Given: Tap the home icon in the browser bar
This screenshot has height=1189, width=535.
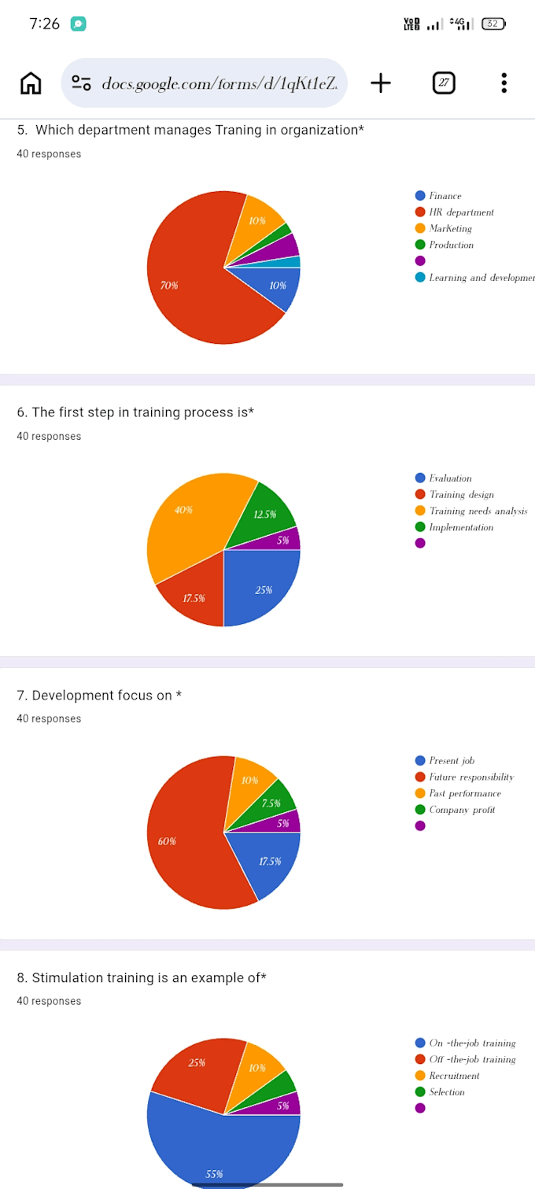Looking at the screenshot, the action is [x=31, y=83].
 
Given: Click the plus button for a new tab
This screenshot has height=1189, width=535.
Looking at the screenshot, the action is [x=381, y=83].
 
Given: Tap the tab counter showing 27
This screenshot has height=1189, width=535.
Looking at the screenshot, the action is [x=444, y=83].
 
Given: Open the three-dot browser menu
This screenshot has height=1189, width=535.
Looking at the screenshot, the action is [x=504, y=83].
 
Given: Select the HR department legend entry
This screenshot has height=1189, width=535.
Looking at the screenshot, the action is [x=454, y=212].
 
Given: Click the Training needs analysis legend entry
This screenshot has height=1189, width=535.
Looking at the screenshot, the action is [x=471, y=511].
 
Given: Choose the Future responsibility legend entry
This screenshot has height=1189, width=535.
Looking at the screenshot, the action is [x=464, y=777].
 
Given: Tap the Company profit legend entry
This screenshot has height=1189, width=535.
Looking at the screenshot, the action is [x=455, y=810].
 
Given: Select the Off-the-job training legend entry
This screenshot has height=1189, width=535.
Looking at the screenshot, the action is [x=466, y=1059].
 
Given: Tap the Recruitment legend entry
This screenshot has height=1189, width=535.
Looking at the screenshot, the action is [x=447, y=1076].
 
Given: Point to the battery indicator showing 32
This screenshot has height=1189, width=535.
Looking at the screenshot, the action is [x=493, y=24].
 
